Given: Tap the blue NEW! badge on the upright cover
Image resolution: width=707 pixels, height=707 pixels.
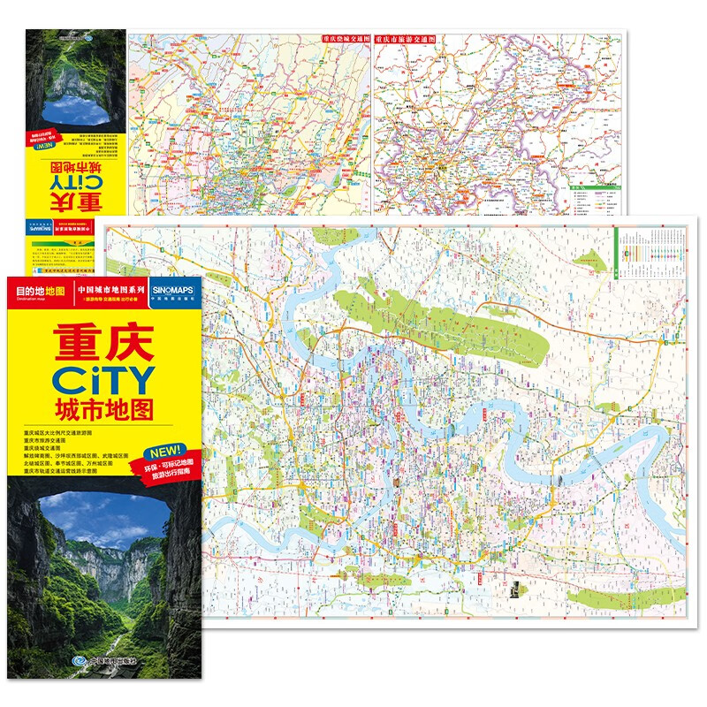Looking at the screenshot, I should click(x=163, y=450).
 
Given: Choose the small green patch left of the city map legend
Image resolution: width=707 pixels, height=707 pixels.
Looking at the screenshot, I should click(x=590, y=258).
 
